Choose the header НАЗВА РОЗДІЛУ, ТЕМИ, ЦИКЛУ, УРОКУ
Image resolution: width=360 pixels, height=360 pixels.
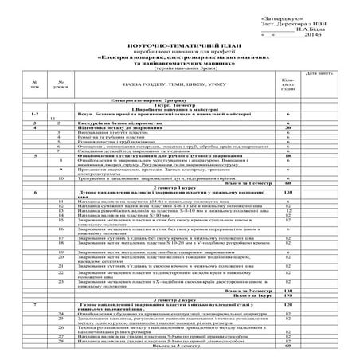click(x=155, y=83)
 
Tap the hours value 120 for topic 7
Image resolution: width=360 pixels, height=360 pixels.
click(x=288, y=305)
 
